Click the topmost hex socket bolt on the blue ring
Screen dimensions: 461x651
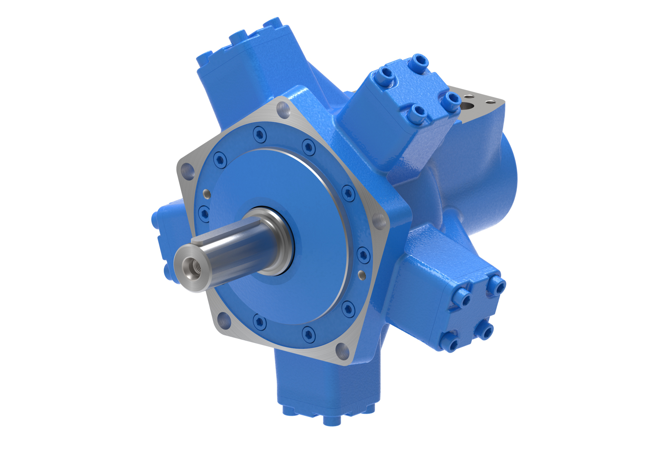coord(259,134)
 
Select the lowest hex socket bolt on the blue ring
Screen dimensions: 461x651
coord(308,334)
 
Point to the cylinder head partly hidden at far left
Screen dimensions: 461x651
coord(167,239)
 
